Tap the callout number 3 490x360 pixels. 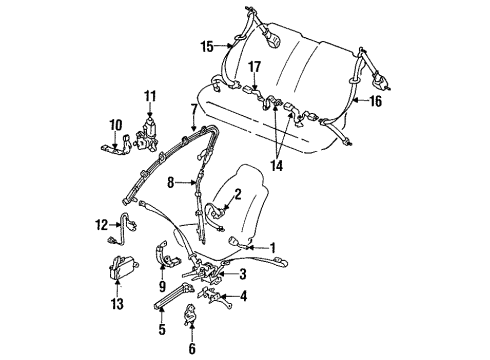[244, 274]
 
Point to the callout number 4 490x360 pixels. [243, 297]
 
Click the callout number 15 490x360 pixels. [207, 45]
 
